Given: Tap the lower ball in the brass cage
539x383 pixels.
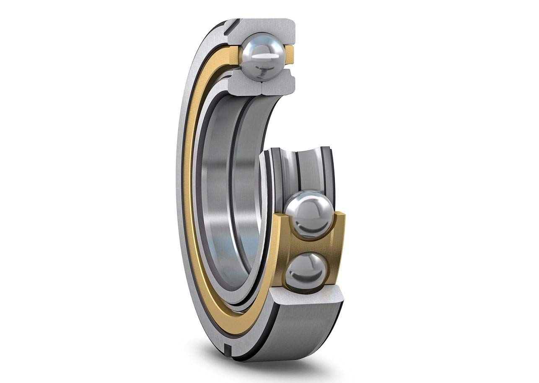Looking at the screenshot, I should [305, 270].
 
